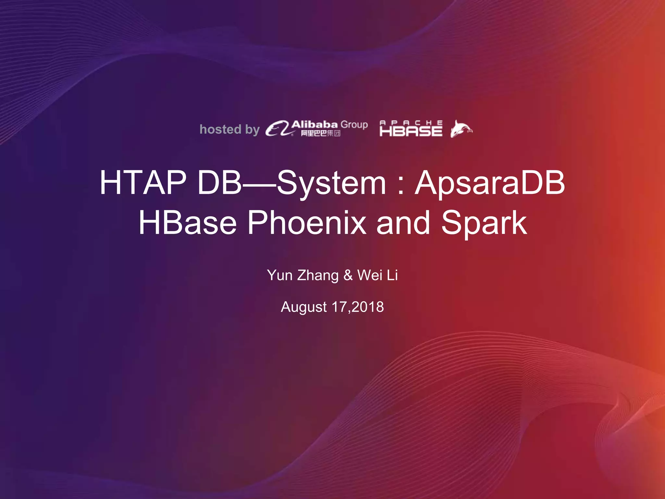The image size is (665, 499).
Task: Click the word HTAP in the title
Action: point(143,183)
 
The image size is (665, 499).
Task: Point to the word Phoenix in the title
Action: point(307,223)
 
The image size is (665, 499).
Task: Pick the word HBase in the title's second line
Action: point(188,223)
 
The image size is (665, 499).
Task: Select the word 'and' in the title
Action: point(403,223)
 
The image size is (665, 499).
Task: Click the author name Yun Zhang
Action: point(303,275)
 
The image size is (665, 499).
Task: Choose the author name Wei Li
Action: point(377,275)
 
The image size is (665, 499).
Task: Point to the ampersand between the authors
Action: point(348,275)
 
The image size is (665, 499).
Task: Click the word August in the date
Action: point(304,307)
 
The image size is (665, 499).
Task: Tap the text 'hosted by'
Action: point(229,129)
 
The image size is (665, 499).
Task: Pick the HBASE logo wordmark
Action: point(411,131)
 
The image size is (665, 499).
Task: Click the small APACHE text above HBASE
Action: point(411,122)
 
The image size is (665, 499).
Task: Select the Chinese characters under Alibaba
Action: point(320,133)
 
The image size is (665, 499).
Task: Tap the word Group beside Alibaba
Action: point(354,124)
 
